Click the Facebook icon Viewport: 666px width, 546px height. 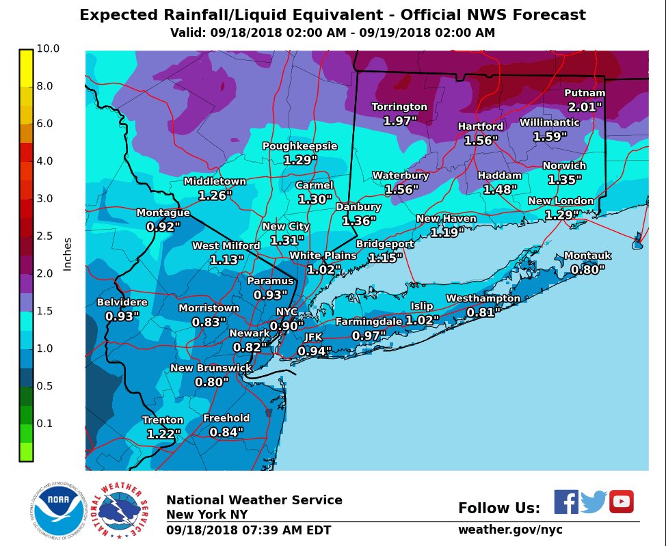(x=565, y=502)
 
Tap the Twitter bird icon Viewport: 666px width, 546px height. (x=594, y=502)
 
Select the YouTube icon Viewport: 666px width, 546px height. (x=621, y=502)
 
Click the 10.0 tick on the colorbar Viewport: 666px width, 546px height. (x=49, y=49)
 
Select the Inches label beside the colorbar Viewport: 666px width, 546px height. (x=67, y=254)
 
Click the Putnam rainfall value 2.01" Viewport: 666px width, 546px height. (x=585, y=107)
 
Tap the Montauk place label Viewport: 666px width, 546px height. (x=587, y=256)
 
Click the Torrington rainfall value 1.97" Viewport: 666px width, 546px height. (x=399, y=121)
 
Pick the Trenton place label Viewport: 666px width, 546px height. (x=163, y=420)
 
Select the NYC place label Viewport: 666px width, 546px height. (x=287, y=312)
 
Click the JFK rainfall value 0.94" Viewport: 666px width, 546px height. (x=314, y=352)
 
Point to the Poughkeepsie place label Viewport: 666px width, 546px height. (x=299, y=146)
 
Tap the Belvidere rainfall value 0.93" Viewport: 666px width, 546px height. (x=122, y=316)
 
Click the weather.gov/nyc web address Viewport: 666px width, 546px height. (x=510, y=530)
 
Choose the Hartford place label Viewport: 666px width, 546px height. (x=480, y=126)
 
